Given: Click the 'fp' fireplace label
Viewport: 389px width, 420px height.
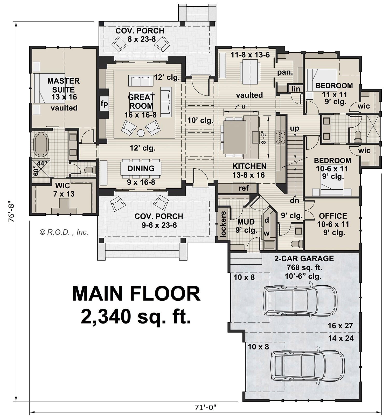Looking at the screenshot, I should [104, 104].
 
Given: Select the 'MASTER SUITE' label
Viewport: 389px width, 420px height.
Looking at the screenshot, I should [64, 85].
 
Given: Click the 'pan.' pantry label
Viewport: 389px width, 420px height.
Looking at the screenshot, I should [285, 72].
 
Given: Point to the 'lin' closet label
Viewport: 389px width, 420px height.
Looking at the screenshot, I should [296, 89].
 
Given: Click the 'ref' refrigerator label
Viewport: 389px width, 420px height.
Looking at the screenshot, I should [244, 188].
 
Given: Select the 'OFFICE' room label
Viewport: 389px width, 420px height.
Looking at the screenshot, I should [333, 216].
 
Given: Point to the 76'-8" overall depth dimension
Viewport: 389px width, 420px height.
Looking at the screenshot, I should [11, 211].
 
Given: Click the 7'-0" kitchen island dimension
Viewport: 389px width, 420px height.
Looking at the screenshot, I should [241, 107].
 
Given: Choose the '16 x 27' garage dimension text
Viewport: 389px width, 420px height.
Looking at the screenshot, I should [340, 326].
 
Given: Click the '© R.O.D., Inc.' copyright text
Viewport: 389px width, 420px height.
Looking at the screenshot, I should [64, 232].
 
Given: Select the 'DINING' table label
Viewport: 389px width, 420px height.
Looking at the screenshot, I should [141, 168].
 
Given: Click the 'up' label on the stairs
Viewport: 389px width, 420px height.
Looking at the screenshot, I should [295, 128].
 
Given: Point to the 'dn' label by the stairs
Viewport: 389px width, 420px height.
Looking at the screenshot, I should [294, 200].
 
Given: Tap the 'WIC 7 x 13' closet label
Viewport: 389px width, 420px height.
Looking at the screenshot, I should [63, 190].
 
